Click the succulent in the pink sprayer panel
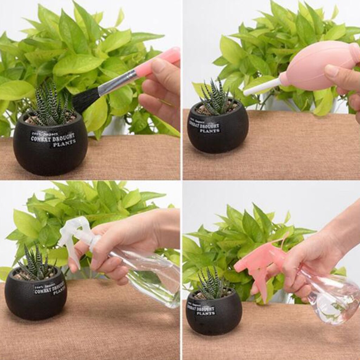(x=211, y=283)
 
